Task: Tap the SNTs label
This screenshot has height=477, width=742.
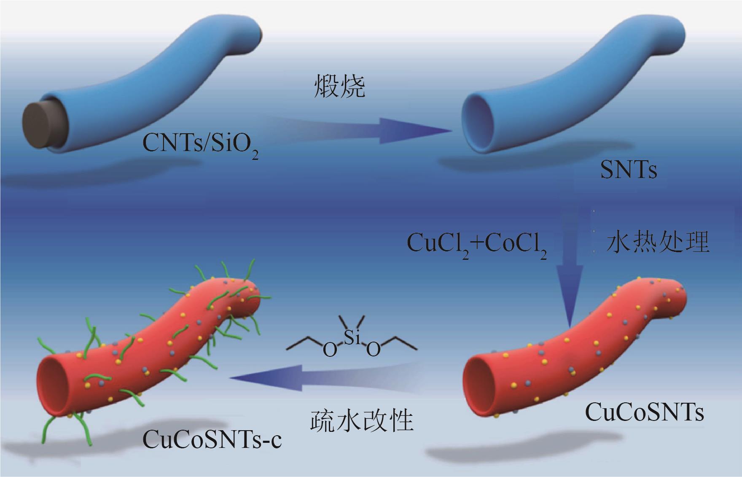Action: [628, 171]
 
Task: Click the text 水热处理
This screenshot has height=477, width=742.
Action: [658, 243]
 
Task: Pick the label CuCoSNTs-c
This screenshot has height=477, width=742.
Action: [212, 441]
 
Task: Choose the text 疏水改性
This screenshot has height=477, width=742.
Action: [362, 420]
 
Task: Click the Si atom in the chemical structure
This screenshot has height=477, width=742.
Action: [352, 338]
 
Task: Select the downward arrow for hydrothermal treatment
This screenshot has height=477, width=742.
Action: [570, 287]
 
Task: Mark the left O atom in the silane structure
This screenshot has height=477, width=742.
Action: [330, 350]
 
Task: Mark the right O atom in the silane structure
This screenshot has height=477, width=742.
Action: [373, 350]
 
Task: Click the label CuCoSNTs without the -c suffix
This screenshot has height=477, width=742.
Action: [644, 412]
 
